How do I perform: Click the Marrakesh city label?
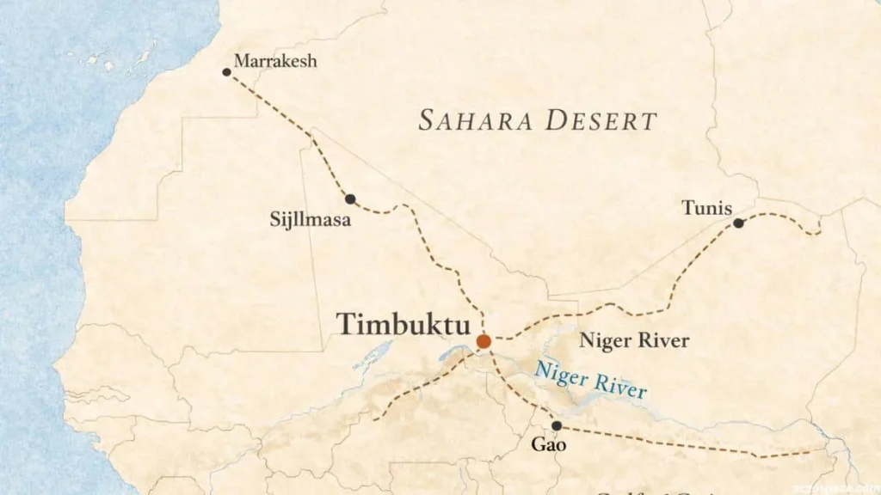point(275,61)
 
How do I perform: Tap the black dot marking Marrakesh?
point(226,72)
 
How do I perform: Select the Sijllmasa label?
point(310,221)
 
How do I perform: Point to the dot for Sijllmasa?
point(350,199)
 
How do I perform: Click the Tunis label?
point(706,207)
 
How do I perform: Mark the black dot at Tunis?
point(738,223)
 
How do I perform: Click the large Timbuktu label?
point(404,325)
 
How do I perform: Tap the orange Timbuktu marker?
point(484,341)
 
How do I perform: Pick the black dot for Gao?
point(557,425)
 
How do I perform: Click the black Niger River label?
point(634,340)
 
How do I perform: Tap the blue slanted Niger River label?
point(590,381)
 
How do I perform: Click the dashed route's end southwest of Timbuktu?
point(375,419)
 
